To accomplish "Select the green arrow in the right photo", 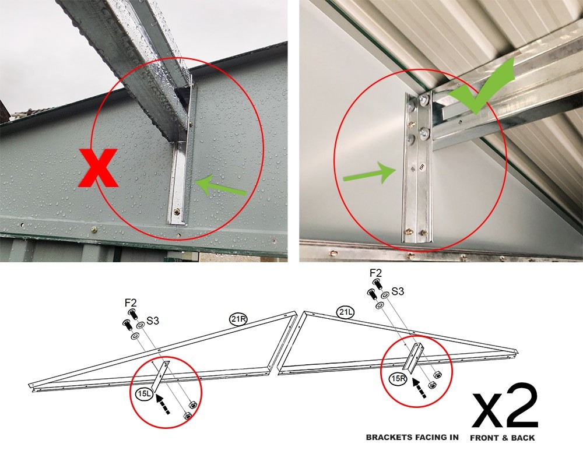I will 367,173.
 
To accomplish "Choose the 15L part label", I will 145,394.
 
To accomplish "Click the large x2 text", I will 504,406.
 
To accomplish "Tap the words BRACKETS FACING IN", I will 412,437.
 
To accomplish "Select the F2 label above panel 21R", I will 131,303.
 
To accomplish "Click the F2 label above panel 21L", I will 376,272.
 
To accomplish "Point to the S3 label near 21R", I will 153,321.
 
